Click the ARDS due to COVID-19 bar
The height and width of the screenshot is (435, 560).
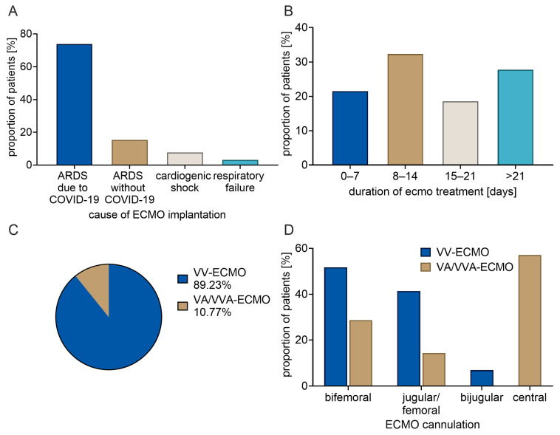click(75, 104)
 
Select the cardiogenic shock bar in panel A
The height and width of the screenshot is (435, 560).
click(185, 159)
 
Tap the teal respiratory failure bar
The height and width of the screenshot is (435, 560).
click(240, 162)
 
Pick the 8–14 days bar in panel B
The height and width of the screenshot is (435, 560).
click(406, 109)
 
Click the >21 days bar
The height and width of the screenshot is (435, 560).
click(516, 117)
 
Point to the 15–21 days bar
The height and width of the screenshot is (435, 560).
click(460, 133)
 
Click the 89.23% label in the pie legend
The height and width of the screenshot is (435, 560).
click(212, 285)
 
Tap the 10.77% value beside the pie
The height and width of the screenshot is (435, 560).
click(212, 312)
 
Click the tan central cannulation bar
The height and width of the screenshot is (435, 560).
click(530, 321)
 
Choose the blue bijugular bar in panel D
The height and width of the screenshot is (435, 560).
click(482, 378)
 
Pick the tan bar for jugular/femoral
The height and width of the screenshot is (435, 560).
click(434, 370)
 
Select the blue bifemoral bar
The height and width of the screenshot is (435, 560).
click(335, 326)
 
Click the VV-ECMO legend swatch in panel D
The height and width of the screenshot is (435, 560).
click(426, 252)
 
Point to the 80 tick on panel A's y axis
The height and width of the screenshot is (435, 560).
click(28, 34)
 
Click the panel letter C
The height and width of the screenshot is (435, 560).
click(13, 230)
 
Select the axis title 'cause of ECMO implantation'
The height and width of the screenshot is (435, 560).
click(157, 215)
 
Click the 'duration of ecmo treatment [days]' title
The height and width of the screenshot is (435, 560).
click(432, 192)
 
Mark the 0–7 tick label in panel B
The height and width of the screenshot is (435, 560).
click(350, 176)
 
